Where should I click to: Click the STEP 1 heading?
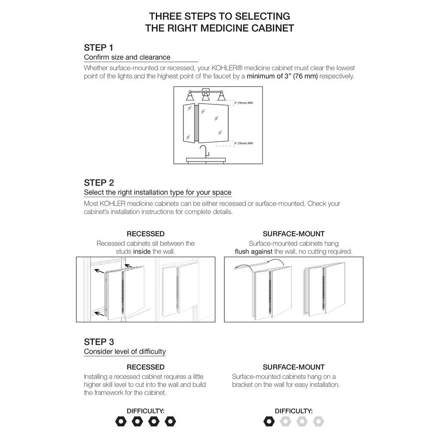(98, 47)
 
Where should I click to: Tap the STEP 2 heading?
(99, 183)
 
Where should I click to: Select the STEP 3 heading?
(99, 342)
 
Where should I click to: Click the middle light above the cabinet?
(205, 96)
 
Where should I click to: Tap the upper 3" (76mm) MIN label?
(243, 103)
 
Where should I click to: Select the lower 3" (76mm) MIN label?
(243, 143)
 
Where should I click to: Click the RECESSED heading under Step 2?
(145, 234)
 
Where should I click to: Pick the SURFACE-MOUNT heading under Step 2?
(294, 234)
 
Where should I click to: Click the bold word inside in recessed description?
(141, 252)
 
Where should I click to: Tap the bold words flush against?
(254, 252)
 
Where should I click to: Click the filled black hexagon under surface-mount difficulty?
(268, 421)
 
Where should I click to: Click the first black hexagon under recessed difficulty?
(121, 421)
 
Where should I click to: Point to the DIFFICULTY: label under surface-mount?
(294, 411)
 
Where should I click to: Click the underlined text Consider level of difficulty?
(125, 351)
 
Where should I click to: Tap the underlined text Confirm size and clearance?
(127, 57)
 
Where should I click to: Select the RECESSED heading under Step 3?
(145, 367)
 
